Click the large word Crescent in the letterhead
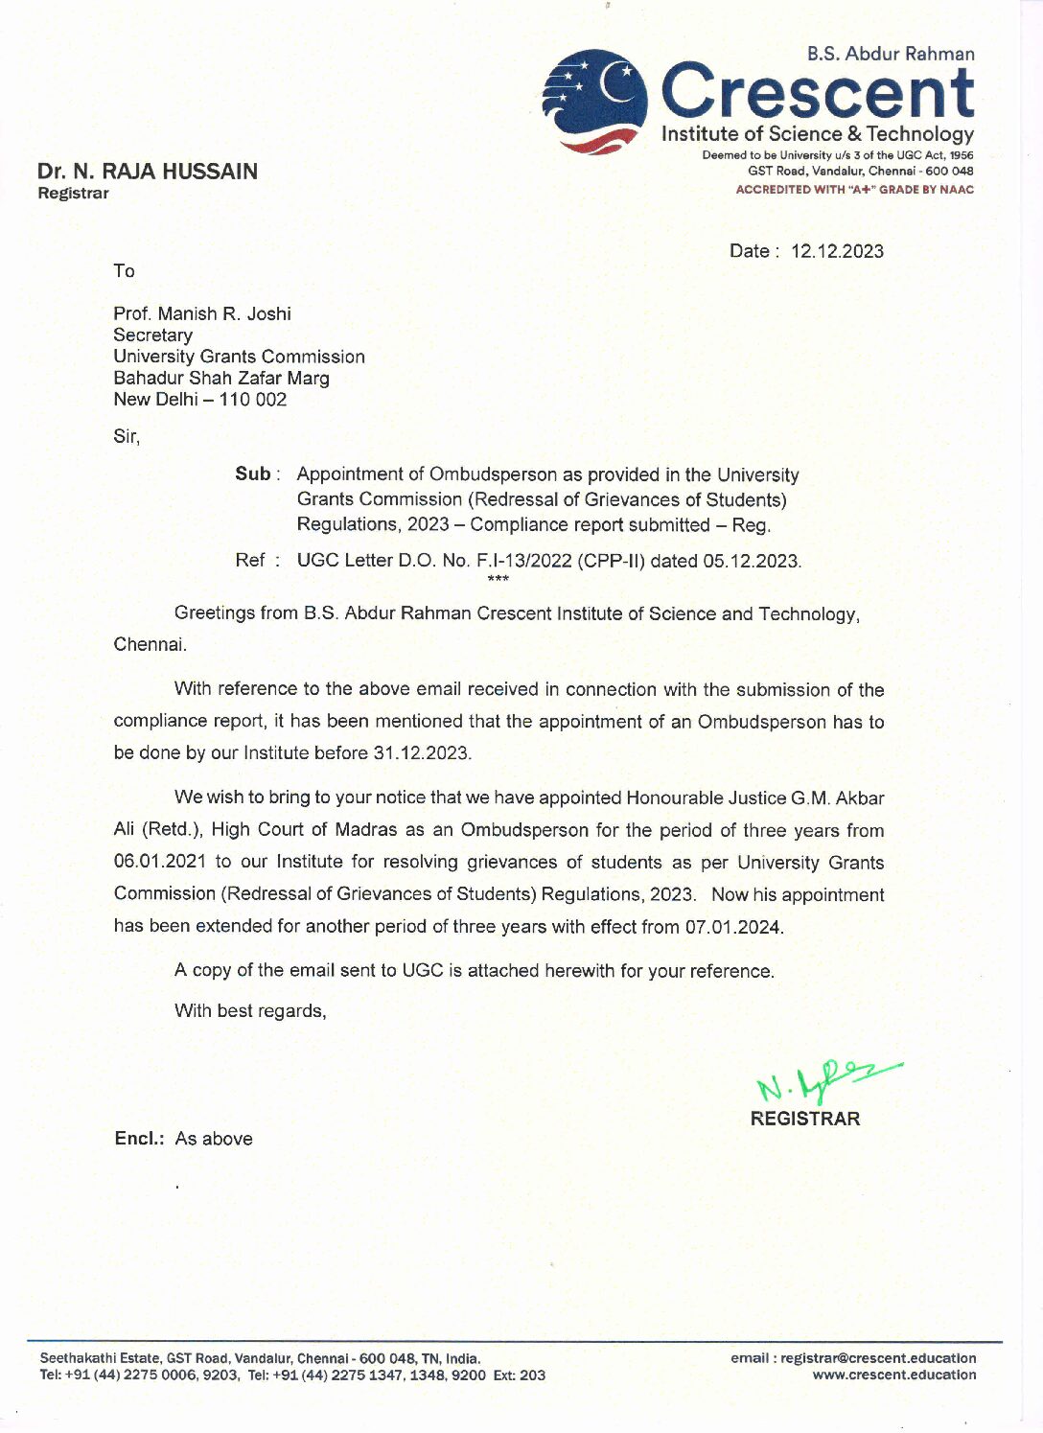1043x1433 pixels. (x=818, y=92)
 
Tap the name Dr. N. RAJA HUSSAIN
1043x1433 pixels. (x=148, y=172)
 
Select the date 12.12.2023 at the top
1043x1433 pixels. (x=837, y=251)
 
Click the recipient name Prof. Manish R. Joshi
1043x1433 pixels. (x=202, y=313)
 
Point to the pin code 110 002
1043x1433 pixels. (x=253, y=400)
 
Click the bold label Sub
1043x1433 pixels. (x=253, y=474)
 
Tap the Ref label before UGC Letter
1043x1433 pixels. (x=249, y=560)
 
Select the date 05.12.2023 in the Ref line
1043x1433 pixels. (x=751, y=561)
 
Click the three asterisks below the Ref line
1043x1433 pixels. (x=498, y=579)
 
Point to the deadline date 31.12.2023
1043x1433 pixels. (x=421, y=753)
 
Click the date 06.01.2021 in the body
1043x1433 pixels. (x=159, y=862)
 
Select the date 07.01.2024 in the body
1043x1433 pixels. (x=733, y=927)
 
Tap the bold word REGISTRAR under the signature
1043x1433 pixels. (x=805, y=1119)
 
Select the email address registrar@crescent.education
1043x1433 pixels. (x=878, y=1357)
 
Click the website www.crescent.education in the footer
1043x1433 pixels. (x=894, y=1375)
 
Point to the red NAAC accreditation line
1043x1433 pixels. (x=854, y=190)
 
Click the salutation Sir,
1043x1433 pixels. (x=127, y=436)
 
